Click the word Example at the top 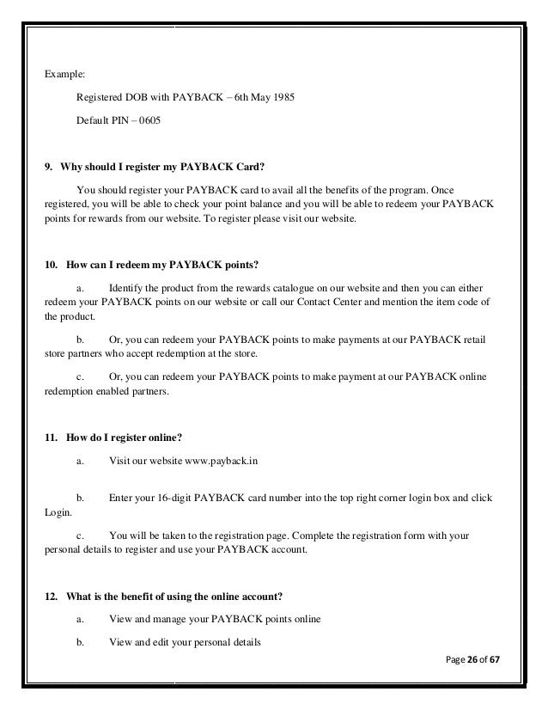(64, 75)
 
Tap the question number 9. (47, 168)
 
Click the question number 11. (51, 437)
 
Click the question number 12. (51, 594)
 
